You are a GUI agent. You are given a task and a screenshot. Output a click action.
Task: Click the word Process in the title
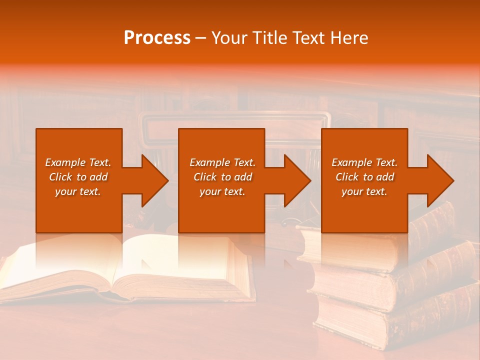pos(157,38)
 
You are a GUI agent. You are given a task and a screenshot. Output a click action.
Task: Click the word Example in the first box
pos(65,162)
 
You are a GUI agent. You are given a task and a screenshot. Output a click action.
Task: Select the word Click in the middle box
pos(205,177)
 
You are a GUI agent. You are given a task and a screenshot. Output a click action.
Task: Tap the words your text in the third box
pos(364,191)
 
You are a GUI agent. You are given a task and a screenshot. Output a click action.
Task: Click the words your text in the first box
pos(78,191)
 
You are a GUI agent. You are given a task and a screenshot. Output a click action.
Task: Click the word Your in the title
pos(228,38)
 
